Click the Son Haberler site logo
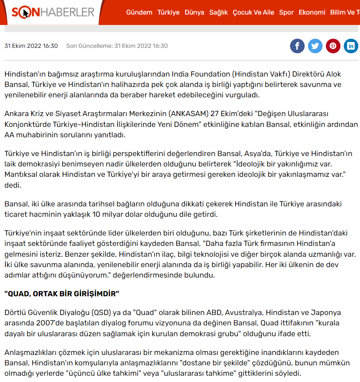pyautogui.click(x=53, y=12)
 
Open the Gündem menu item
pyautogui.click(x=139, y=12)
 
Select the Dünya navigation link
pyautogui.click(x=194, y=12)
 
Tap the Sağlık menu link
pyautogui.click(x=218, y=12)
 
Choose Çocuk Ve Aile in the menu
pyautogui.click(x=253, y=12)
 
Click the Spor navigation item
pyautogui.click(x=286, y=12)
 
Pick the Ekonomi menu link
pyautogui.click(x=312, y=12)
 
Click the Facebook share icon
pyautogui.click(x=297, y=46)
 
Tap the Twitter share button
pyautogui.click(x=315, y=46)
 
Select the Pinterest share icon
pyautogui.click(x=333, y=46)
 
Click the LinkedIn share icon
pyautogui.click(x=351, y=46)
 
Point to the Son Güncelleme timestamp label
pyautogui.click(x=117, y=46)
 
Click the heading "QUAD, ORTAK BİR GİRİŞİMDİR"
pyautogui.click(x=62, y=294)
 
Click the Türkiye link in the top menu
pyautogui.click(x=168, y=12)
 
